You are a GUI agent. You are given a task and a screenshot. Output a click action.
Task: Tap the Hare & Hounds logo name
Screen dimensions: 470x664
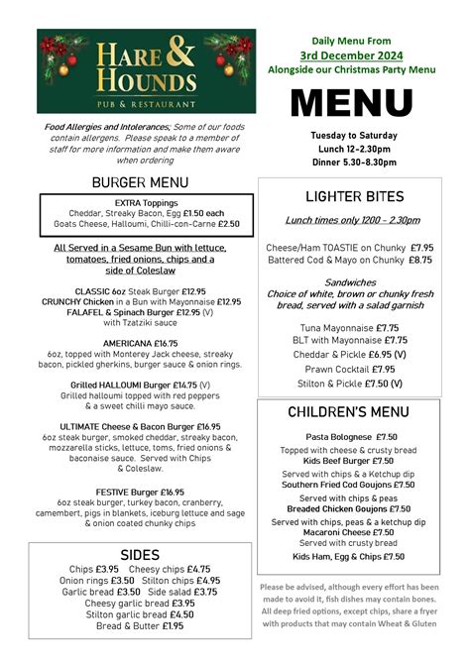coord(146,68)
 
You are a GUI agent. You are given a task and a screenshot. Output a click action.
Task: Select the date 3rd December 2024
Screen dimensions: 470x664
coord(352,55)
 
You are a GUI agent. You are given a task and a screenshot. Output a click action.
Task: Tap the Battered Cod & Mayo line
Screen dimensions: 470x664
coord(350,260)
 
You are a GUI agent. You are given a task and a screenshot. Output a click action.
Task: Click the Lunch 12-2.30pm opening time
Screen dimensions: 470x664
coord(352,149)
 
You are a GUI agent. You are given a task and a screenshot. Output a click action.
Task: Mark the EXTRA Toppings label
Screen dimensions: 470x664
coord(140,201)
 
